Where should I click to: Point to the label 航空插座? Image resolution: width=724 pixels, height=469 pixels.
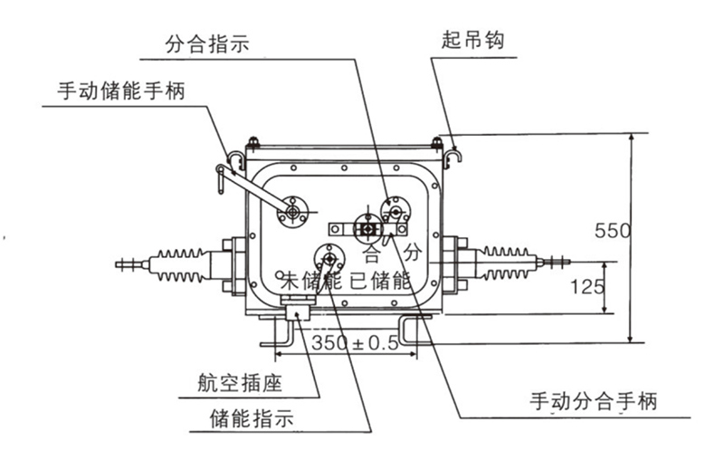tap(240, 383)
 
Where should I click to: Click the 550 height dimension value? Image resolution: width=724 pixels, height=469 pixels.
tap(613, 231)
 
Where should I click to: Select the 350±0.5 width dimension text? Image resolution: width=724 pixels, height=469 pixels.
tap(355, 343)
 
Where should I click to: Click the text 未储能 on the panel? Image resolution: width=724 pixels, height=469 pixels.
tap(312, 279)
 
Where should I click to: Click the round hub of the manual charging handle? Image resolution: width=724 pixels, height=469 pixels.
tap(292, 212)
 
